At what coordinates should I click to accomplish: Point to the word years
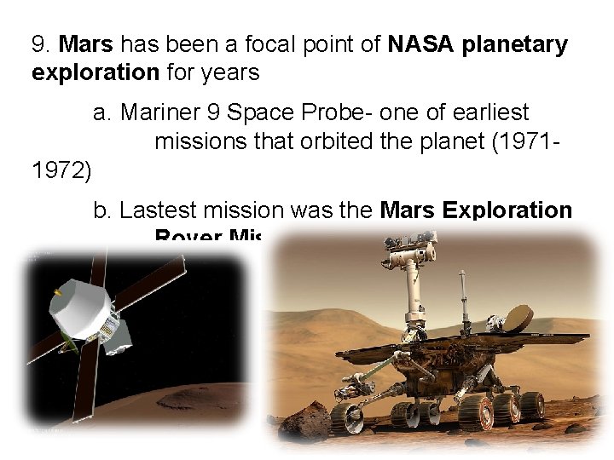pyautogui.click(x=230, y=73)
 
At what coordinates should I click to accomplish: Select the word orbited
pyautogui.click(x=340, y=141)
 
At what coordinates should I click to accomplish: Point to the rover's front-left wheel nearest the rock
pyautogui.click(x=347, y=417)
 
